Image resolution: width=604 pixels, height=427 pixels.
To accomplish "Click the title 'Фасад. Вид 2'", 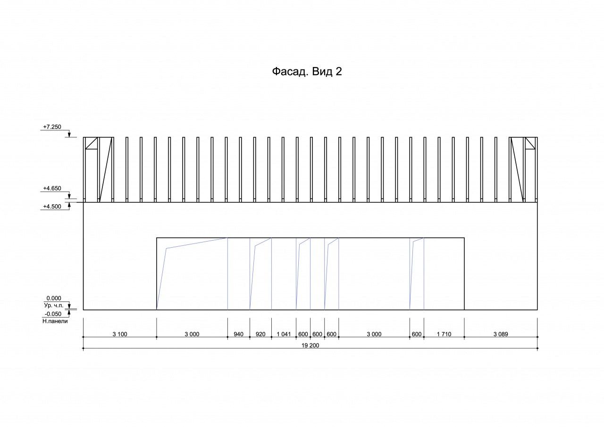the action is tap(307, 72).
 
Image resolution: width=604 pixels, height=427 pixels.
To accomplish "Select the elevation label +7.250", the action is tap(52, 127).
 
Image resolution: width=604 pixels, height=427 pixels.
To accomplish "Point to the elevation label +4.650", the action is tap(52, 188).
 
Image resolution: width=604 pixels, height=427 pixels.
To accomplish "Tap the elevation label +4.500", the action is tap(52, 207).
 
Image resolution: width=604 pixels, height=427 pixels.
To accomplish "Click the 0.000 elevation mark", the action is tap(54, 298).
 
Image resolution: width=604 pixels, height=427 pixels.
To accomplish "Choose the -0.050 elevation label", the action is tap(53, 314).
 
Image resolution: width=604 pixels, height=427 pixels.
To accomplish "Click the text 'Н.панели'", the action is tap(55, 321).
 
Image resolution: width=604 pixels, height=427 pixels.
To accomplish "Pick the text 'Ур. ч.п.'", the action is tap(54, 305).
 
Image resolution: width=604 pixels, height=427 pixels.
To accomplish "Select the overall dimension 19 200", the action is tap(310, 345).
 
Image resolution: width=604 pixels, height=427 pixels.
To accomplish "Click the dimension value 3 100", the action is tap(120, 334).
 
